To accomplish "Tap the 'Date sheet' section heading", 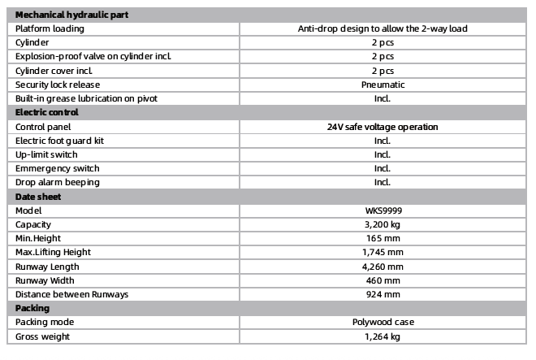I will (38, 196).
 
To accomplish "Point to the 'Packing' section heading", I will (32, 308).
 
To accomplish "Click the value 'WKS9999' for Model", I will (383, 210).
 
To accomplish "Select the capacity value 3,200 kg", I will (383, 224).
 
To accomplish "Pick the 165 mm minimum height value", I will (383, 238).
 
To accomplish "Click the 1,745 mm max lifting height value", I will (383, 252).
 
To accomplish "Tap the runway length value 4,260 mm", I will (383, 266).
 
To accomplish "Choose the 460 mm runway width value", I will (383, 280).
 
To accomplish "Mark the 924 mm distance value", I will (383, 293).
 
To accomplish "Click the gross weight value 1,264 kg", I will (383, 336).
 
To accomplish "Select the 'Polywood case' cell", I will (383, 322).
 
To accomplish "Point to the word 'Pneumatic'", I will (383, 85).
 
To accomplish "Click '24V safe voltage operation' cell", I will (383, 127).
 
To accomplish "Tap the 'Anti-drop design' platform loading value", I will (383, 28).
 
